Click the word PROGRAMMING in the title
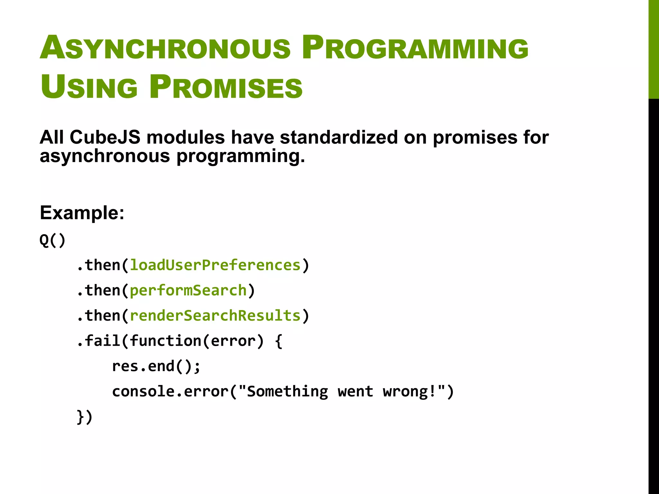(x=415, y=48)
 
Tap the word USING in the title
(x=89, y=87)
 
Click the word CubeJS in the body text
(x=105, y=137)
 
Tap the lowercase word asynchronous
(x=105, y=156)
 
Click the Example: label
(x=82, y=213)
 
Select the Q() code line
(x=52, y=240)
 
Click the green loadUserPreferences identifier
(x=215, y=265)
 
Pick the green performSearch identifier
(x=188, y=290)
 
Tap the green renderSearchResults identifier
(x=215, y=316)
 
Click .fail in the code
(x=98, y=341)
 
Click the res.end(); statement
(x=156, y=366)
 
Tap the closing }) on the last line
(x=85, y=417)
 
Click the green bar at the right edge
(x=654, y=48)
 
